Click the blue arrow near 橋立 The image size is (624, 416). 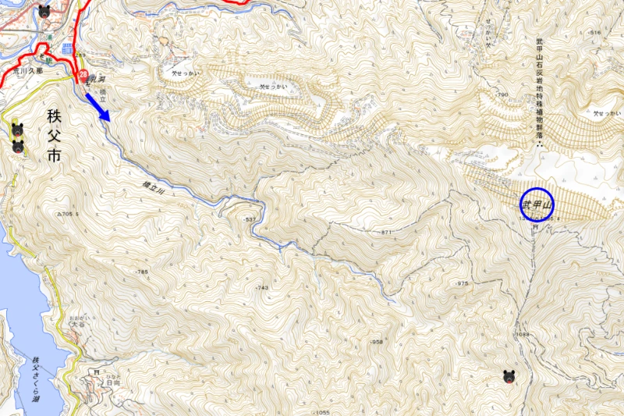(97, 105)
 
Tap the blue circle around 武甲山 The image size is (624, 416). (537, 204)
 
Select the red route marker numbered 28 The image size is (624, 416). (83, 76)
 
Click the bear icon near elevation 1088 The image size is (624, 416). (509, 378)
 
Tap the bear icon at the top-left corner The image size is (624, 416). (44, 11)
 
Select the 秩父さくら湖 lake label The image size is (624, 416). (36, 375)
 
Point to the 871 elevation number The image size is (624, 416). (385, 233)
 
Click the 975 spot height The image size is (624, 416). (462, 283)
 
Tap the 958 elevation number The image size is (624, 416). (377, 342)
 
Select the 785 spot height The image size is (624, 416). (141, 272)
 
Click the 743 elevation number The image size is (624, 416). (261, 288)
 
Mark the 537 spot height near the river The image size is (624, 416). (250, 220)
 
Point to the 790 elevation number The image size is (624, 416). (502, 94)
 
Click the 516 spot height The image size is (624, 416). (595, 32)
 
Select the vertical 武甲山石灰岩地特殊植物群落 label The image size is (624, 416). (538, 86)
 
